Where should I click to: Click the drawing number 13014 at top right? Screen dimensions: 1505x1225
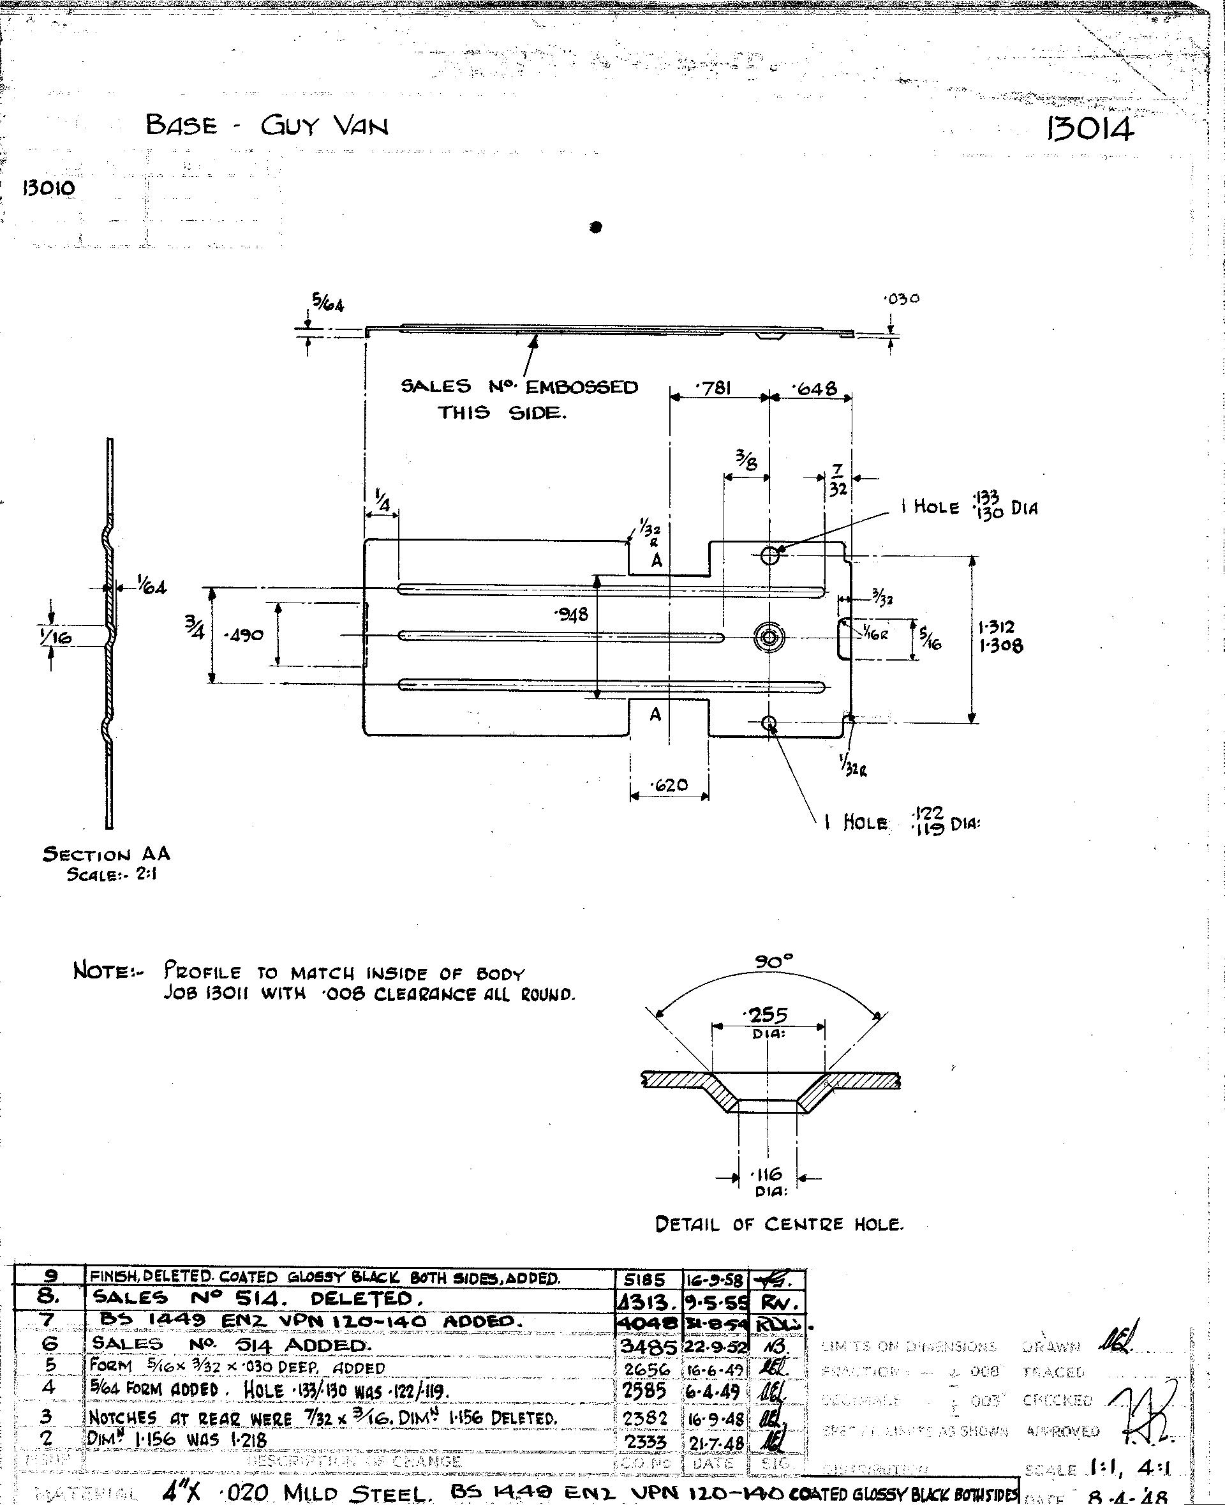[1090, 129]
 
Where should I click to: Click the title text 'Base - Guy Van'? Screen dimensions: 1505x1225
[267, 126]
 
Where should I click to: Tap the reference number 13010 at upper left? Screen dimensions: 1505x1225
[48, 188]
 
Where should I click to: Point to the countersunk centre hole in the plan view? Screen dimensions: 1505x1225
[769, 637]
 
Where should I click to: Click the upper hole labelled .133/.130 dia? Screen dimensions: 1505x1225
[770, 555]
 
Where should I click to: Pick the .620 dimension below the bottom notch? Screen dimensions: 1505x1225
[668, 784]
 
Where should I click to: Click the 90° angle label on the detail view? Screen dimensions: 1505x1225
[774, 961]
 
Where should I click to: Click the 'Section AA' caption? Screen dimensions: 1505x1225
[107, 854]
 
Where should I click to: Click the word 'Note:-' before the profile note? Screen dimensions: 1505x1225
[108, 971]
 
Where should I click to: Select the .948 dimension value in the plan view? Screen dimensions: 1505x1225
[572, 614]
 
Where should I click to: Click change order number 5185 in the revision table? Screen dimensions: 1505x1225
[645, 1279]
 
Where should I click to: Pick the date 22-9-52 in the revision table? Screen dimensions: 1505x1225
[715, 1347]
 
